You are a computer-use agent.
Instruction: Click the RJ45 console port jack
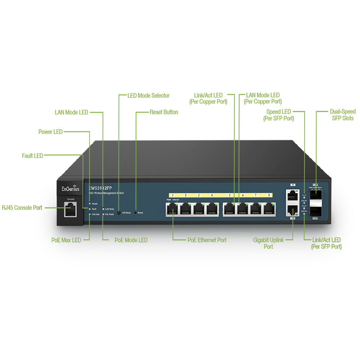coord(70,209)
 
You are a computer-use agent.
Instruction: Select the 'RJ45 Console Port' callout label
coord(22,208)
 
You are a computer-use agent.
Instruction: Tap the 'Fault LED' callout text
coord(32,156)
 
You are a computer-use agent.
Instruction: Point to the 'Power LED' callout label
coord(50,132)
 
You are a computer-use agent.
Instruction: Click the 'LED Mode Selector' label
coord(148,96)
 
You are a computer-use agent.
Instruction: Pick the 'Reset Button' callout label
coord(164,112)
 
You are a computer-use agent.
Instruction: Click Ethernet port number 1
coord(173,209)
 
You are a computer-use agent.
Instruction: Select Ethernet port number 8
coord(268,209)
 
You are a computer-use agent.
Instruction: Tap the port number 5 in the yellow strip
coord(229,195)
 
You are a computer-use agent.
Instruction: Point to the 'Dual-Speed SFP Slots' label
coord(342,115)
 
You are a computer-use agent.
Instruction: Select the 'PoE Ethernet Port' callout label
coord(207,240)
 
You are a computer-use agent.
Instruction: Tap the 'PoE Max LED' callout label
coord(66,240)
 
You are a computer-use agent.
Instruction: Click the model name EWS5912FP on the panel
coord(99,188)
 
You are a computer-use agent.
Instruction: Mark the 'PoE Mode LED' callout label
coord(131,240)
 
